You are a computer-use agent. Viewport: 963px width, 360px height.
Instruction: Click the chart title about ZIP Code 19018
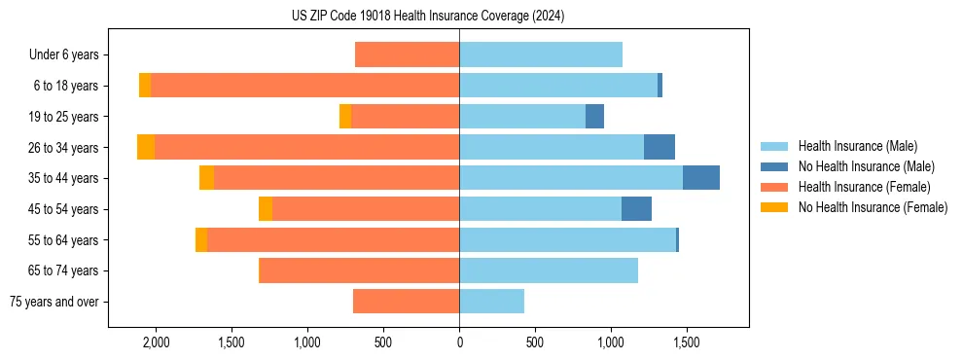click(428, 17)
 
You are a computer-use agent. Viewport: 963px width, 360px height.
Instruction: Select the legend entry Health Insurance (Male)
click(857, 146)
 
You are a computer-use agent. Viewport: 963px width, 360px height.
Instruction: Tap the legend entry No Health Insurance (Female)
click(873, 207)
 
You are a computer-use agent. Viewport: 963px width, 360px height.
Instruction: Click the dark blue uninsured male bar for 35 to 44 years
click(701, 178)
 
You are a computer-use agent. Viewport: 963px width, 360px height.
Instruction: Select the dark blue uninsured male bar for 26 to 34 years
click(660, 147)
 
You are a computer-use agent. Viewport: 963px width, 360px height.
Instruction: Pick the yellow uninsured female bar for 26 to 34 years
click(146, 147)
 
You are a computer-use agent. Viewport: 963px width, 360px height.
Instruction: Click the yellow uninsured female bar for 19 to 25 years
click(345, 117)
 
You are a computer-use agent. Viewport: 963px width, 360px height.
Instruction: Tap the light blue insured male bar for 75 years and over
click(492, 302)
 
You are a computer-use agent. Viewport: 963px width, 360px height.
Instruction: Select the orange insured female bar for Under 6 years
click(408, 55)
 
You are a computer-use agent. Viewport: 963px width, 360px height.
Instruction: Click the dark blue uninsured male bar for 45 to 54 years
click(636, 209)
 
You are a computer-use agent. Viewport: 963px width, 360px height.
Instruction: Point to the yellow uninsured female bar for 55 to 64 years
click(201, 240)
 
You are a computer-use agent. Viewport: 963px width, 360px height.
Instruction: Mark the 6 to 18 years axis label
click(66, 86)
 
